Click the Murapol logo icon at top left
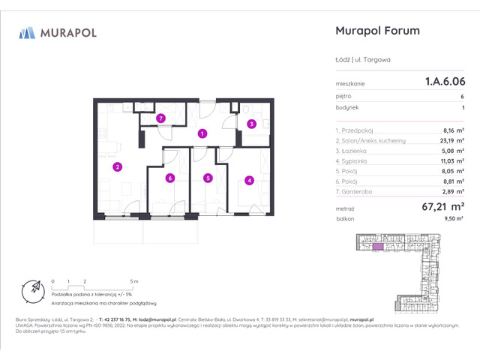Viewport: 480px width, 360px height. (x=27, y=32)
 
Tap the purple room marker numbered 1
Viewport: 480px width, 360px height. (x=202, y=133)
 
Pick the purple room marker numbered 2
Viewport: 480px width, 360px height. (x=117, y=166)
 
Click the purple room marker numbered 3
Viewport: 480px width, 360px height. (x=252, y=124)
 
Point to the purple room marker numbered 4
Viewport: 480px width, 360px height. (x=248, y=180)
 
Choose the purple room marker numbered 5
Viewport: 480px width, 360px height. (x=207, y=178)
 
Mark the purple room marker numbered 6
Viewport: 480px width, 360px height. (x=170, y=178)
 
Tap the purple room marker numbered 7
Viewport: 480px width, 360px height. (x=160, y=118)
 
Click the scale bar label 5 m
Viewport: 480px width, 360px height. (x=133, y=280)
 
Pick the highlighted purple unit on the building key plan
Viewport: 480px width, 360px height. (x=378, y=246)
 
